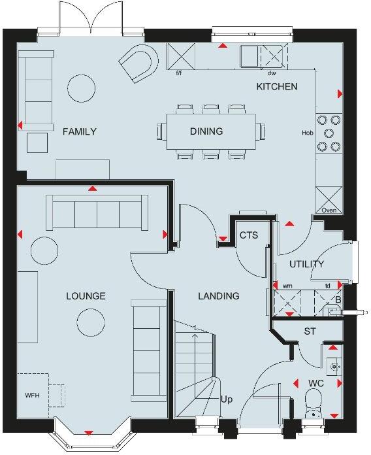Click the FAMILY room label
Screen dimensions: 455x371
(x=79, y=132)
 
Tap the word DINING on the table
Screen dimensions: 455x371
(x=206, y=131)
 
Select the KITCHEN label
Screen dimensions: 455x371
(x=277, y=86)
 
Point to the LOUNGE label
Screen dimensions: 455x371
(x=86, y=296)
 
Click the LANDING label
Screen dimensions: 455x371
(x=219, y=296)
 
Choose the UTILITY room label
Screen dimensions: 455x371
(x=307, y=264)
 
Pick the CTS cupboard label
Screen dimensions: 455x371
(x=249, y=235)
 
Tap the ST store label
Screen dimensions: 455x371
(x=310, y=332)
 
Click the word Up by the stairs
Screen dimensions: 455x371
(x=227, y=399)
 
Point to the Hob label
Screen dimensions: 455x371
(x=307, y=133)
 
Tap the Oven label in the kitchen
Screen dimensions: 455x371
(x=329, y=211)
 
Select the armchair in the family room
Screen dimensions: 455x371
(x=138, y=63)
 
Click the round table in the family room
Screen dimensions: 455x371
(x=83, y=86)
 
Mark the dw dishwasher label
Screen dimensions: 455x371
(x=272, y=73)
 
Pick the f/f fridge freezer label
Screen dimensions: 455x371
(x=178, y=73)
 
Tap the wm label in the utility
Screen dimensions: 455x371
(x=287, y=286)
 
